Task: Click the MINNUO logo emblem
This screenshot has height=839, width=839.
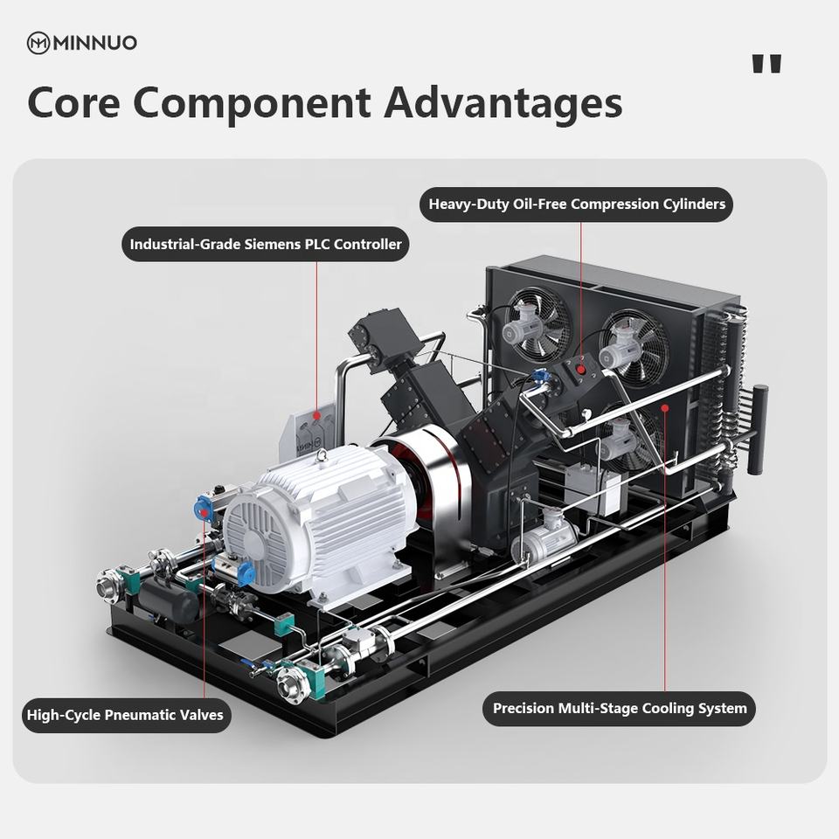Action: click(38, 43)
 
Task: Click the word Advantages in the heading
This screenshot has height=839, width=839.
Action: click(503, 102)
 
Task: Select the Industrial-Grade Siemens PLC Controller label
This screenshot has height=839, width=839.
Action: click(266, 245)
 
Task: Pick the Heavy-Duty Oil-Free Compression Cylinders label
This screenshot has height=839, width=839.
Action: click(577, 205)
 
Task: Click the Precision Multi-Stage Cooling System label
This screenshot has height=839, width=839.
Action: click(619, 708)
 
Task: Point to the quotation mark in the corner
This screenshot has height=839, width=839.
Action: click(766, 65)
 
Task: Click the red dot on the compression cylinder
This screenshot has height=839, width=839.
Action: click(581, 371)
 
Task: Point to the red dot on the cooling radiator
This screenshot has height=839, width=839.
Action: click(665, 406)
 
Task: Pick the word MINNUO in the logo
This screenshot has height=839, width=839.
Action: click(94, 43)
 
